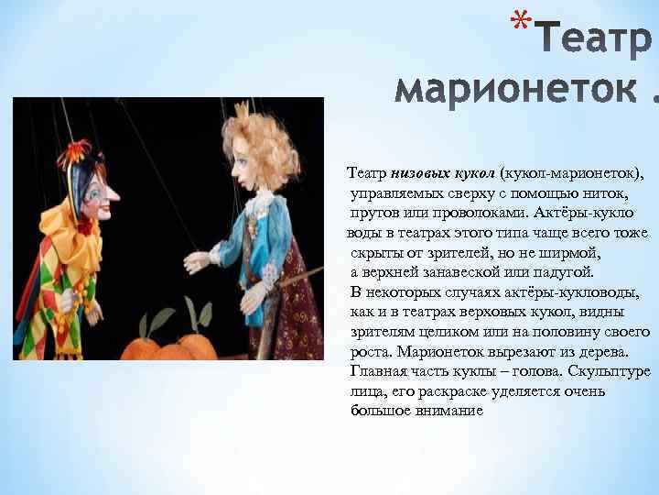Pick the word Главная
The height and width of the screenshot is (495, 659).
380,370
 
